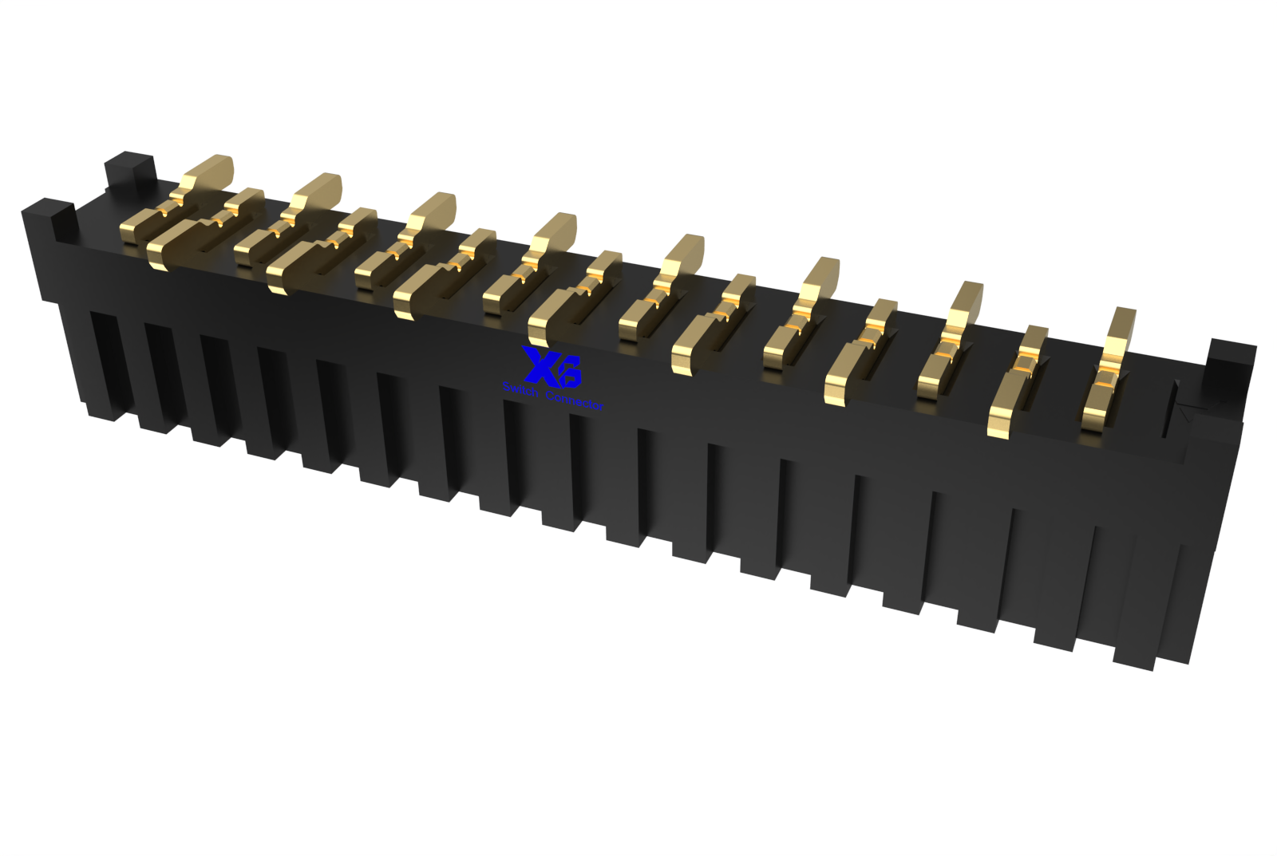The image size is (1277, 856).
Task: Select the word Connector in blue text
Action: [574, 400]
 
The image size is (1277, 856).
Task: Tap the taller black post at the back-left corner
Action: [128, 171]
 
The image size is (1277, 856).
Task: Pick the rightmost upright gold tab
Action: [1121, 331]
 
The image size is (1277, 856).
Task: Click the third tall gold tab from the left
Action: [432, 211]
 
